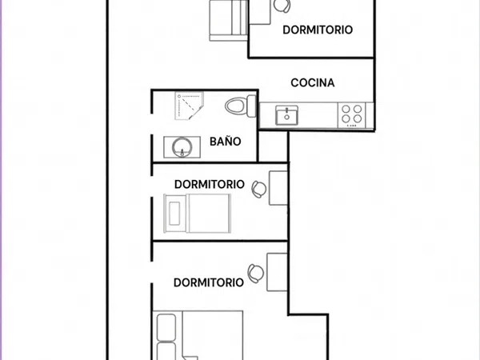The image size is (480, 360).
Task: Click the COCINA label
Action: click(x=313, y=82)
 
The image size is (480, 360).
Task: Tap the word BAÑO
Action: click(x=226, y=142)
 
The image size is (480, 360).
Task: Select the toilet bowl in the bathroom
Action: click(x=235, y=106)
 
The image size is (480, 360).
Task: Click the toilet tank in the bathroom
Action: click(x=251, y=106)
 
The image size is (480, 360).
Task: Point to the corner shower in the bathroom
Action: click(x=189, y=106)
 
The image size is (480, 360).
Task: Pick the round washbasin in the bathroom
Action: click(x=182, y=147)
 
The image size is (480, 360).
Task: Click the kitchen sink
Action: click(x=286, y=115)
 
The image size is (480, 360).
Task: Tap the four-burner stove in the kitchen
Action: click(x=352, y=115)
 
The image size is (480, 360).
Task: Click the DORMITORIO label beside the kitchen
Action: click(x=318, y=30)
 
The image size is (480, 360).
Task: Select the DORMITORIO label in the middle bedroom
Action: click(x=210, y=184)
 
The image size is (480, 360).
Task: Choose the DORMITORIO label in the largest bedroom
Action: click(x=209, y=282)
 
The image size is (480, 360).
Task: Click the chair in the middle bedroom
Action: click(x=259, y=189)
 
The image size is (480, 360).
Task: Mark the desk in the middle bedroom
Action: click(x=278, y=188)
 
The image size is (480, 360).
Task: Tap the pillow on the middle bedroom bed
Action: click(x=174, y=214)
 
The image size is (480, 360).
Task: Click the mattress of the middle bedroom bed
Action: click(x=208, y=214)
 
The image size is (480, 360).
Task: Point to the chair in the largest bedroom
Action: click(x=256, y=274)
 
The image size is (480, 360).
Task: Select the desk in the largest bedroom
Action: click(x=277, y=272)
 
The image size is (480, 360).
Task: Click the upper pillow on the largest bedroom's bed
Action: click(x=166, y=327)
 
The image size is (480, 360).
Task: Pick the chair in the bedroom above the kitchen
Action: click(x=282, y=6)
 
